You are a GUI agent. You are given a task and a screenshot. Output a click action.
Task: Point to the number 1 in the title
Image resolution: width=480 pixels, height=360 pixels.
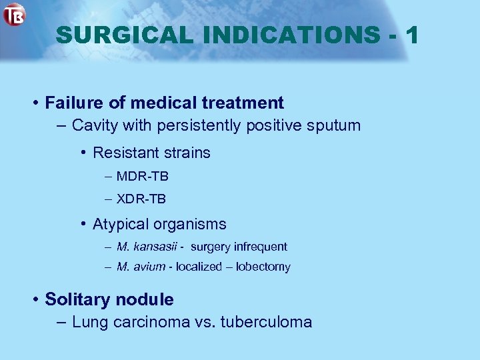click(x=411, y=35)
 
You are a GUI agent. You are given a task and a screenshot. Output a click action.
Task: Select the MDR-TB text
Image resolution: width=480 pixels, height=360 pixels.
click(x=142, y=177)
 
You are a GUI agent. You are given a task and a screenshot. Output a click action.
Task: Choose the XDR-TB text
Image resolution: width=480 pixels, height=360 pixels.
click(x=141, y=199)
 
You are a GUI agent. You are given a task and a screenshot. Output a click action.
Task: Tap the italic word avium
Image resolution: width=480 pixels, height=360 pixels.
click(x=151, y=267)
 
